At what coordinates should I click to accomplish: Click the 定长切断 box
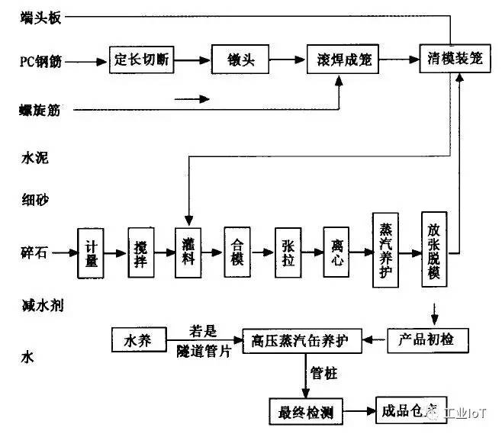pos(140,59)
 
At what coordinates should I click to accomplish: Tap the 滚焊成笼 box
pos(343,59)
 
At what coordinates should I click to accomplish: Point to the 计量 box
pos(92,253)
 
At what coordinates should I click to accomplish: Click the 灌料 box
pos(188,253)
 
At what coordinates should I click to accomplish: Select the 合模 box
pos(237,253)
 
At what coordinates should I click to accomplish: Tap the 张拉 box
pos(287,253)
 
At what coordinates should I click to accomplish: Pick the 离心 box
pos(336,253)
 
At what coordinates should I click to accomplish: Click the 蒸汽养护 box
pos(385,250)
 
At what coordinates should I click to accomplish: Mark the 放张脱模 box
pos(433,250)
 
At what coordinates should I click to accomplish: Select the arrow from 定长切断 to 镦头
pos(190,59)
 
